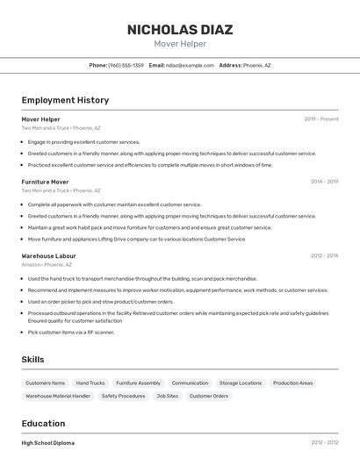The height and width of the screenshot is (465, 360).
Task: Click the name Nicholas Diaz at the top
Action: coord(180,29)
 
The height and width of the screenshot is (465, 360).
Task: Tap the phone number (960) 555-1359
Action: coord(126,65)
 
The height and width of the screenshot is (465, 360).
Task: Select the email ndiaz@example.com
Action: coord(191,65)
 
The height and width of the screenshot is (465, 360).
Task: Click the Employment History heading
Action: coord(65,100)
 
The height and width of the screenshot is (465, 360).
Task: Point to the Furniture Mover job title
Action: coord(45,182)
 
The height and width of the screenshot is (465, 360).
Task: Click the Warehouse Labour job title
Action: coord(48,255)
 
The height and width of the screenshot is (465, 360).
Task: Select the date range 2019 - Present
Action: coord(320,118)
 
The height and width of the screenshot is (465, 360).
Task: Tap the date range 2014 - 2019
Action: coord(324,182)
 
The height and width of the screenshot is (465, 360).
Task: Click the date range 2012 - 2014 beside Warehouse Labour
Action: coord(324,255)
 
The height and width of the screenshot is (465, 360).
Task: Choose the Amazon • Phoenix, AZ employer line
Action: coord(47,264)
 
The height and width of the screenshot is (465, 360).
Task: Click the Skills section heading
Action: coord(32,360)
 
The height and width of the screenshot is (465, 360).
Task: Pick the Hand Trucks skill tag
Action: coord(90,383)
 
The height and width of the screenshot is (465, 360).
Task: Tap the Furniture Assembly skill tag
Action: coord(138,383)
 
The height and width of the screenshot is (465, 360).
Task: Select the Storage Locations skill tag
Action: coord(241,383)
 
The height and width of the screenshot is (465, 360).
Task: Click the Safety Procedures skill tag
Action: coord(123,396)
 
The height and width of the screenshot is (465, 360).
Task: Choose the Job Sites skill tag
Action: coord(167,396)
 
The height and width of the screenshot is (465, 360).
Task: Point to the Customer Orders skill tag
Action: coord(209,396)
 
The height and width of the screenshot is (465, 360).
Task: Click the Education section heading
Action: coord(43,423)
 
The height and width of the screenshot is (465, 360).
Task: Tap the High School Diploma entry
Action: coord(48,443)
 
